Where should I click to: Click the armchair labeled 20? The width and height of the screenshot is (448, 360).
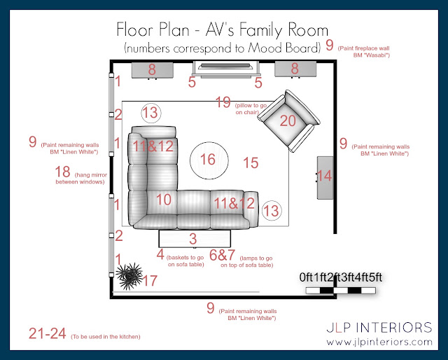click(x=288, y=121)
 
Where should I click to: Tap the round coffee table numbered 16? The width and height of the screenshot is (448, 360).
click(x=209, y=160)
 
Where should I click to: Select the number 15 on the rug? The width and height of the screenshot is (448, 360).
click(x=251, y=163)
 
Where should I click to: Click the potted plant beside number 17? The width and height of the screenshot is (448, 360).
click(x=129, y=276)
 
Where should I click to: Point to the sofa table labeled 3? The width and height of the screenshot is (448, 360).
click(x=195, y=239)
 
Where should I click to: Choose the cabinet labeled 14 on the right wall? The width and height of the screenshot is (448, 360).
click(x=325, y=177)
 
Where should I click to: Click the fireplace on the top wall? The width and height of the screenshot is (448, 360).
click(x=225, y=69)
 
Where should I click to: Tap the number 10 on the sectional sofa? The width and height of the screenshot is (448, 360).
click(x=164, y=200)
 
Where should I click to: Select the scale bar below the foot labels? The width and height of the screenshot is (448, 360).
click(x=341, y=291)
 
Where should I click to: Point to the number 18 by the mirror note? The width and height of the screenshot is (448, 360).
click(x=62, y=172)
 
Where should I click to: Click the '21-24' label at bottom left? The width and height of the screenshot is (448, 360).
click(x=48, y=333)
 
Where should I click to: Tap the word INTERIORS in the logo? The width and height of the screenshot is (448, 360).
click(x=395, y=328)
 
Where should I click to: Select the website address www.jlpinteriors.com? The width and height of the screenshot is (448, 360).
click(x=379, y=342)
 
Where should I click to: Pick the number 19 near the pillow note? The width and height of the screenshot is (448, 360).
click(x=223, y=102)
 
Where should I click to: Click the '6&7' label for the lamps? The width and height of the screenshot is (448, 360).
click(x=223, y=255)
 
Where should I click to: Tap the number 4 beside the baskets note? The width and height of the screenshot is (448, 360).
click(x=160, y=254)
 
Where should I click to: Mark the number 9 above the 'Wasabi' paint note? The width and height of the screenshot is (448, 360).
click(x=330, y=46)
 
